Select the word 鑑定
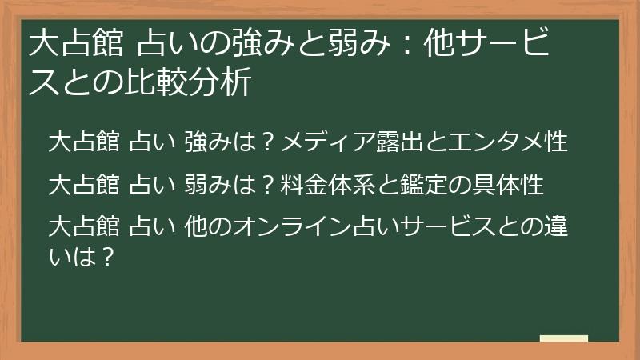(x=415, y=185)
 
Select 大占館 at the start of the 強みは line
(x=84, y=142)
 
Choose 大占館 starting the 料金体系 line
(x=84, y=185)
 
